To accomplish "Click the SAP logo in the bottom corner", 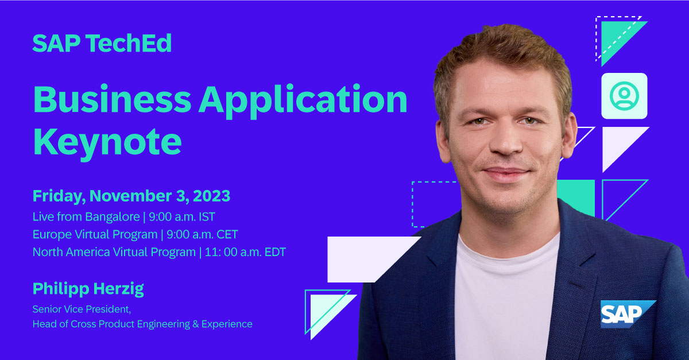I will tap(627, 313).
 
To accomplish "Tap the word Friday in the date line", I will tap(58, 196).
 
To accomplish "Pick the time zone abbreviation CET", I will tap(226, 235).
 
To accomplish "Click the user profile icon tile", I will tap(624, 96).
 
